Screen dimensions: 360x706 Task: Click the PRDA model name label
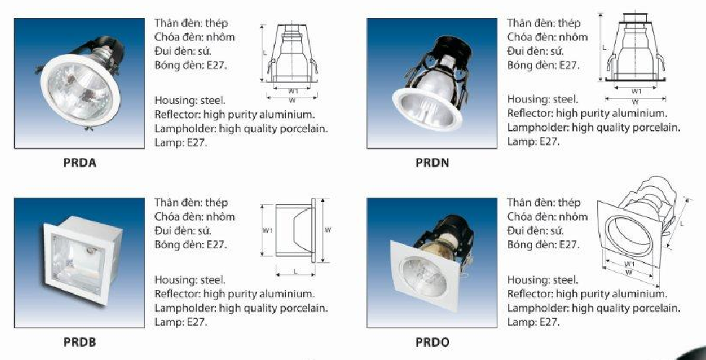[79, 163]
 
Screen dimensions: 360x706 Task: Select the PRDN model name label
[432, 163]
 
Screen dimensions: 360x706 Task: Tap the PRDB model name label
[79, 342]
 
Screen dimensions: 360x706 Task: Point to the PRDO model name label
[432, 342]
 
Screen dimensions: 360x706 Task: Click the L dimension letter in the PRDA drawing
[265, 53]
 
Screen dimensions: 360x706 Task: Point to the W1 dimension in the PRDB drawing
[267, 231]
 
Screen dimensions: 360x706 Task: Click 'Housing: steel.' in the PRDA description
[191, 100]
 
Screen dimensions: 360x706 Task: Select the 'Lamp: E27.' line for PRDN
[533, 141]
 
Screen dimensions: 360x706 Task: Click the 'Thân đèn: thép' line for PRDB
[191, 203]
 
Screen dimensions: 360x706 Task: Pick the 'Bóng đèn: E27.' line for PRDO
[543, 245]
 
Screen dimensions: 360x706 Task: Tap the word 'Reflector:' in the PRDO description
[531, 294]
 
